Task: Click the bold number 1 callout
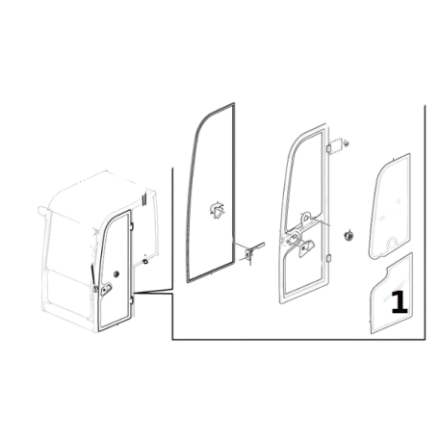[400, 301]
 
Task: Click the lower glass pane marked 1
[392, 297]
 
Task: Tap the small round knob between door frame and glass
[348, 236]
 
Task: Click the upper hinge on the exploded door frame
[329, 148]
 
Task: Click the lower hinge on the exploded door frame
[329, 258]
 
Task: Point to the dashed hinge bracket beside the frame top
[339, 146]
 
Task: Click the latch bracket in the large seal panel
[217, 210]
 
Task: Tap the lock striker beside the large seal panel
[251, 252]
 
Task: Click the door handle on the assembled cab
[106, 289]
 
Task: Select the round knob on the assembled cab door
[116, 274]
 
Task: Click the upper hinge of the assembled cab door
[132, 226]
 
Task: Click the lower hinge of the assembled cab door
[132, 300]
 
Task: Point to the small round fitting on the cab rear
[145, 261]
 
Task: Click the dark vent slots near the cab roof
[144, 198]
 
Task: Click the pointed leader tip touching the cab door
[134, 293]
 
